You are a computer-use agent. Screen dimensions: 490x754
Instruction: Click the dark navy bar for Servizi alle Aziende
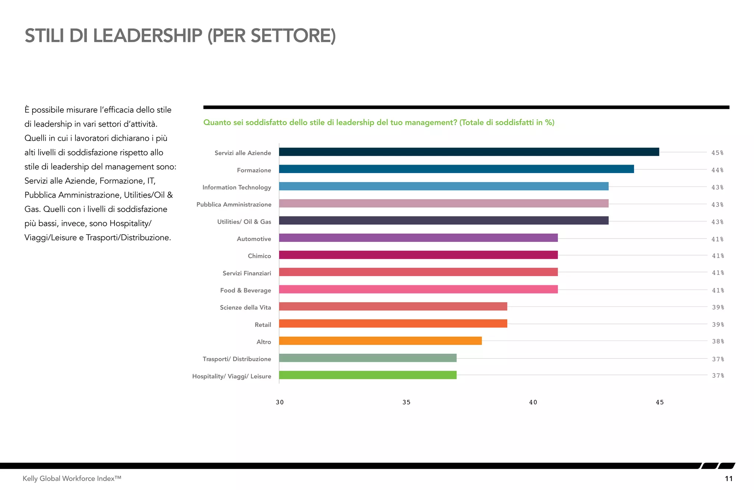coord(469,152)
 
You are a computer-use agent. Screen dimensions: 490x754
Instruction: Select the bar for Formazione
coord(456,169)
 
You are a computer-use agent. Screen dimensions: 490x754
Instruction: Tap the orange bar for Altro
coord(380,341)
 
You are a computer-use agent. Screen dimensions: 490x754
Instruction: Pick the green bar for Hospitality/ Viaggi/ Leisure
coord(367,375)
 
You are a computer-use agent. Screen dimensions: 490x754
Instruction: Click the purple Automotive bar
coord(418,238)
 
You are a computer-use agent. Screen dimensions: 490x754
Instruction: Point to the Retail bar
coord(393,324)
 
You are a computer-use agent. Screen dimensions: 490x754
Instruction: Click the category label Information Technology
coord(237,187)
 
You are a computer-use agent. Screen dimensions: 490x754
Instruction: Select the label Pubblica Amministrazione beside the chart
coord(234,205)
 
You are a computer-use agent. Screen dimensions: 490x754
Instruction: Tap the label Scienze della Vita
coord(245,307)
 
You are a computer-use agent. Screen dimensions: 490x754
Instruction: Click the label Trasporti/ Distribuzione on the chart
coord(237,359)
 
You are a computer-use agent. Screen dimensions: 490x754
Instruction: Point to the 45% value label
coord(717,153)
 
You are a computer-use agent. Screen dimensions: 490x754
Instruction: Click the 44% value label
coord(717,170)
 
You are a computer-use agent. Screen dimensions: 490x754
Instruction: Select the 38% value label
coord(718,341)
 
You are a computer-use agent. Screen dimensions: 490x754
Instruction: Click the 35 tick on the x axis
coord(406,402)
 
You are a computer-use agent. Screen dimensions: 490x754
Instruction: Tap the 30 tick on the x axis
coord(280,402)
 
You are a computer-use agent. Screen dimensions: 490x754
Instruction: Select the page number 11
coord(729,479)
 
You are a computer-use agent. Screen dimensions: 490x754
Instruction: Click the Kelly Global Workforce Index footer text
coord(72,479)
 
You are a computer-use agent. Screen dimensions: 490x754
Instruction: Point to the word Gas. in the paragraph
coord(32,209)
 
